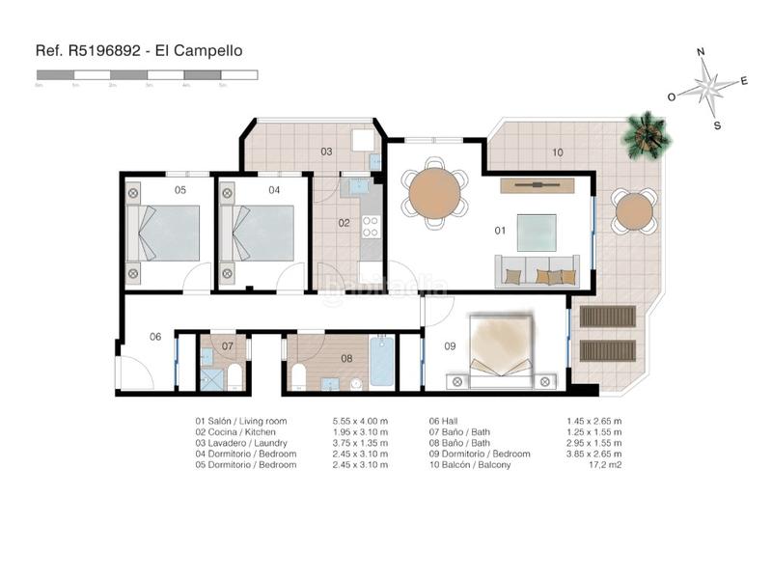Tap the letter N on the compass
coord(702,53)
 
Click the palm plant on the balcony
coord(646,134)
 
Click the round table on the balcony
coord(634,211)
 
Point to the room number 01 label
coord(500,231)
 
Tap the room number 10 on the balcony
coord(557,152)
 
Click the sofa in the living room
coord(537,271)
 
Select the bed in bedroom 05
coord(164,234)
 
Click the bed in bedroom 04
coord(258,234)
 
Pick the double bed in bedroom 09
coord(501,348)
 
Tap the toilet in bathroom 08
coord(298,375)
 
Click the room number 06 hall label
coord(154,337)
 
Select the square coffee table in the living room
coord(536,233)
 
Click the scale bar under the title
coord(146,74)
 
